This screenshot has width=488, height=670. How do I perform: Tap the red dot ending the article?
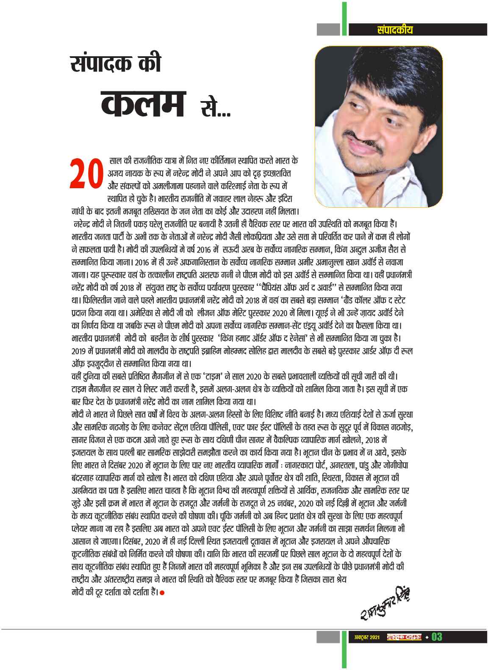162,592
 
